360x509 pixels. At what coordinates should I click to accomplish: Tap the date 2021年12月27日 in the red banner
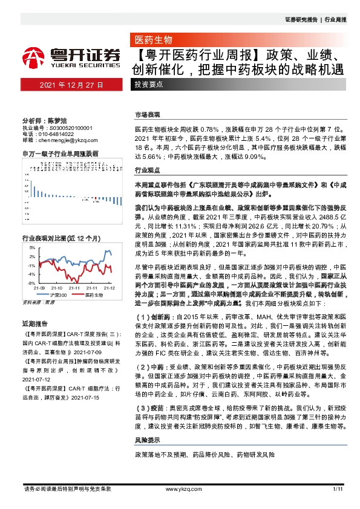(71, 85)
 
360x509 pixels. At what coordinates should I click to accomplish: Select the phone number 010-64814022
(58, 134)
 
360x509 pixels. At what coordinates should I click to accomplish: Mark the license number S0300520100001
(70, 128)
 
